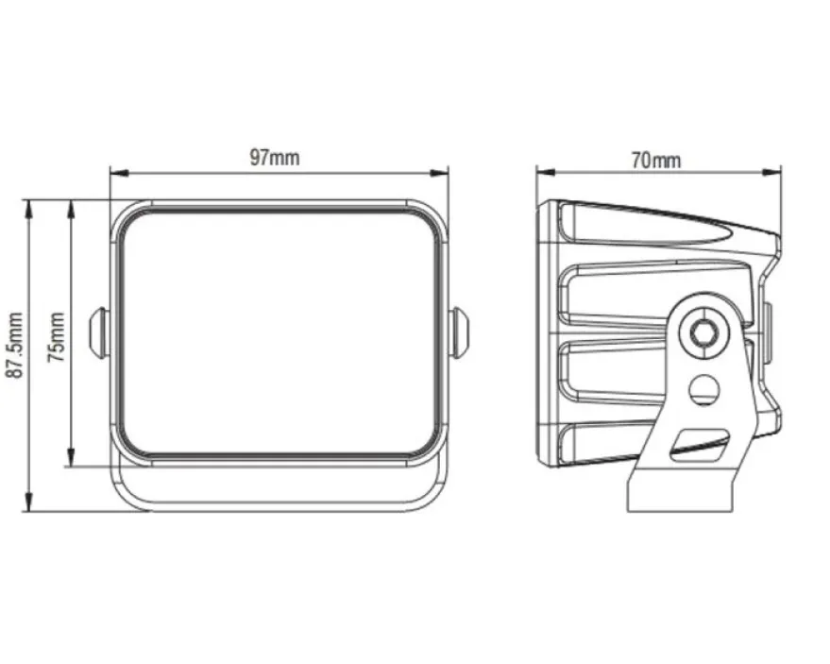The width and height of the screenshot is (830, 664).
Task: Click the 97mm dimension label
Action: click(x=274, y=158)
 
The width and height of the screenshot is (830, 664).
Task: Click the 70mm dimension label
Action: click(x=656, y=160)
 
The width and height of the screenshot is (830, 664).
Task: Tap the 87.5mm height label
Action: click(x=15, y=346)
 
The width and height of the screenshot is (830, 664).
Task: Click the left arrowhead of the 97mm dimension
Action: click(x=120, y=173)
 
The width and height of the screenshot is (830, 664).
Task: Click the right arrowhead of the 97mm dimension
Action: click(x=439, y=173)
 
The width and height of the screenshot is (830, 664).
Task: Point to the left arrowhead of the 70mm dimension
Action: click(x=545, y=172)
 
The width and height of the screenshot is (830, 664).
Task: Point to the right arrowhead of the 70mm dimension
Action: click(x=771, y=172)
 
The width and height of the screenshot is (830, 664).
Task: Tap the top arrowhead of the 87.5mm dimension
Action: click(x=28, y=209)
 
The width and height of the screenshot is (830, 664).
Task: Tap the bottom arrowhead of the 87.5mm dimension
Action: click(x=28, y=502)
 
